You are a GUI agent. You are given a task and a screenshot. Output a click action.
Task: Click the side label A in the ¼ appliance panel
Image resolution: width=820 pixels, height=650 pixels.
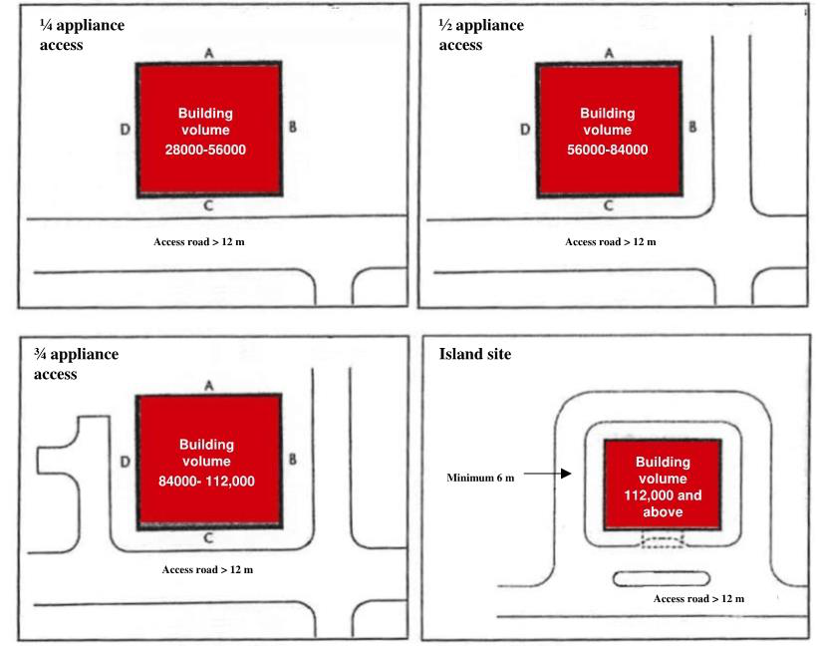[209, 54]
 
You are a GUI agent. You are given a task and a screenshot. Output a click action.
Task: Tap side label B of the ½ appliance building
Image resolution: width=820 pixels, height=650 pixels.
[691, 127]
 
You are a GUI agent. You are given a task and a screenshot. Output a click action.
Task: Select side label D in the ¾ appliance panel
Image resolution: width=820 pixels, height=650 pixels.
[125, 462]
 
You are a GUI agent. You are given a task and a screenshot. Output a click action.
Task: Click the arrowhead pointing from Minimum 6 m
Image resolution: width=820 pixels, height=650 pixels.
[566, 476]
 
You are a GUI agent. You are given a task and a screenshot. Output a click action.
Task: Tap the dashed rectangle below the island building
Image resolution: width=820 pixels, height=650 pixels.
[662, 541]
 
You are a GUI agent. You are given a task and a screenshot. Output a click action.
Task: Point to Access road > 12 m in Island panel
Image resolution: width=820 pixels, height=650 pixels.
[698, 598]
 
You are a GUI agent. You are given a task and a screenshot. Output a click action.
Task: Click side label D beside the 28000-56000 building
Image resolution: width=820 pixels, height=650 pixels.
[125, 129]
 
